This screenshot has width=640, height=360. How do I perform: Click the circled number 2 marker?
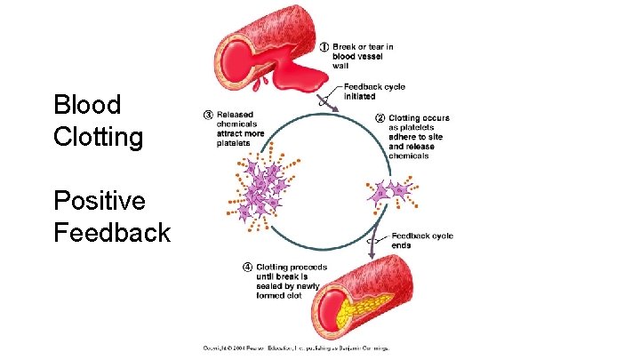tap(380, 117)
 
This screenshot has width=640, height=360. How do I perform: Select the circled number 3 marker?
tap(208, 115)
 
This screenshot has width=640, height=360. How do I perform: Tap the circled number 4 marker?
tap(247, 266)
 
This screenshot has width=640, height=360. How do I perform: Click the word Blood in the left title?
tap(87, 105)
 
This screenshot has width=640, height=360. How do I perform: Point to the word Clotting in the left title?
tap(98, 138)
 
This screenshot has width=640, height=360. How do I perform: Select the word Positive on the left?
tap(100, 201)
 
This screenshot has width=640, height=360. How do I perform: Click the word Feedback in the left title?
tap(111, 233)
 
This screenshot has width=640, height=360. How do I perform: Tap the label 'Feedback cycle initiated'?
tap(373, 91)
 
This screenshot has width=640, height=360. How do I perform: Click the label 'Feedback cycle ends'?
tap(421, 240)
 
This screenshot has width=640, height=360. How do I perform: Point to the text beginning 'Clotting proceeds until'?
tap(291, 281)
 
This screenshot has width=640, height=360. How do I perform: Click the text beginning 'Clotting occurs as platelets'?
tap(419, 137)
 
